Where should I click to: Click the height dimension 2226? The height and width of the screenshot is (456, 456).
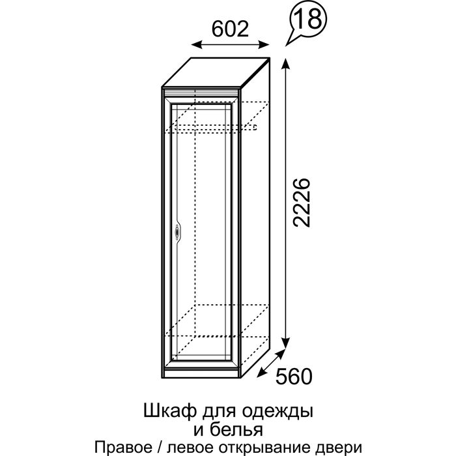tap(302, 201)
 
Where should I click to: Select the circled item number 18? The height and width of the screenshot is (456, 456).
tap(308, 20)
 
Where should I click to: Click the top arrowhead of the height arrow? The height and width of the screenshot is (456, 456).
tap(285, 62)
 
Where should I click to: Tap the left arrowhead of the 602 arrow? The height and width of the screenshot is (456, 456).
tap(195, 44)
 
